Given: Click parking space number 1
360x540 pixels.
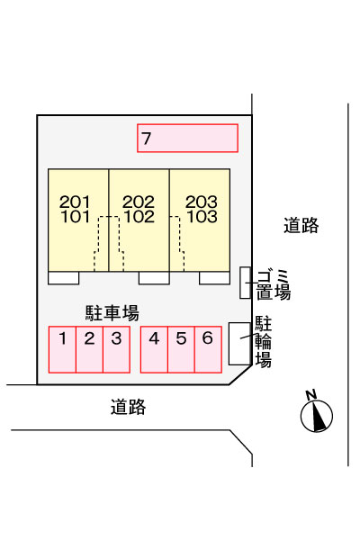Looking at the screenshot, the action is [x=62, y=349].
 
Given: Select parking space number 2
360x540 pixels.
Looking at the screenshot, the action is [x=89, y=349].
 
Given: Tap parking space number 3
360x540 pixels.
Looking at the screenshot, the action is [x=116, y=349].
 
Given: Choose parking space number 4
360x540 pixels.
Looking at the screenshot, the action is [x=154, y=349].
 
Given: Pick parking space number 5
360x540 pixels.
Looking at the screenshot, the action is [x=181, y=349].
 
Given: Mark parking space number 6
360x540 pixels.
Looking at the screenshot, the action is [x=208, y=349].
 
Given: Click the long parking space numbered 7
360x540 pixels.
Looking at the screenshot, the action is [x=187, y=138].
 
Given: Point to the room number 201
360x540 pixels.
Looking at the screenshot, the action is [x=75, y=202].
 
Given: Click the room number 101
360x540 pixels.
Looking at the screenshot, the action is [x=75, y=217].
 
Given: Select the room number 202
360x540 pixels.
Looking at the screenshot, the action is [x=139, y=202].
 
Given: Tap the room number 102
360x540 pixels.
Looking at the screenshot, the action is [x=139, y=217].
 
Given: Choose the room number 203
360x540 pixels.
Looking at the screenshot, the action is [x=202, y=202].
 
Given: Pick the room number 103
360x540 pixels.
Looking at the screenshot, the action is [x=202, y=217].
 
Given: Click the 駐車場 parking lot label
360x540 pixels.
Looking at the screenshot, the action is [x=112, y=313].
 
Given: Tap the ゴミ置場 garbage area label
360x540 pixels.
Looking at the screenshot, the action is [x=274, y=285].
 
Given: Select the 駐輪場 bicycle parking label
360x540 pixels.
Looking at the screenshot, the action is [x=263, y=342].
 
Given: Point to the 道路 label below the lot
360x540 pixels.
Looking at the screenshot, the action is [x=128, y=407].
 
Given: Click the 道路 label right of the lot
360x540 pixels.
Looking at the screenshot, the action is [x=301, y=226].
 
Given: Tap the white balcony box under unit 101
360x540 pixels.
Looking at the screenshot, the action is [x=63, y=278].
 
